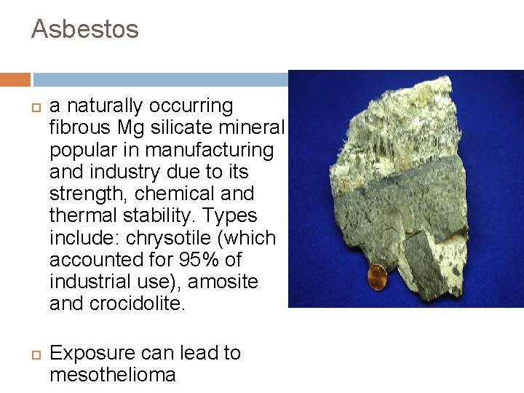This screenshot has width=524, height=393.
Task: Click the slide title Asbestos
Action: coord(84,30)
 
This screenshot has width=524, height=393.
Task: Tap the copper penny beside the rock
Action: coord(378,277)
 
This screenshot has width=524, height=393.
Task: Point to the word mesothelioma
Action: coord(113,375)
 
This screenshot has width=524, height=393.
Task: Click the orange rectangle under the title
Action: coord(15,79)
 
